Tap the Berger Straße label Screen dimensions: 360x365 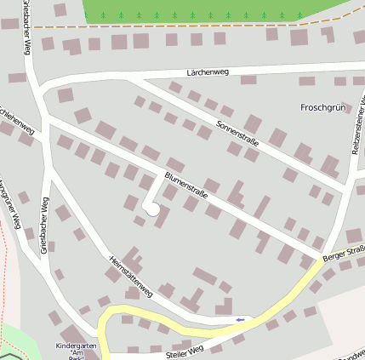[344, 253]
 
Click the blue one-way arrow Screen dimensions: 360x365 [240, 319]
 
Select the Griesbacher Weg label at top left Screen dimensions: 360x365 [27, 26]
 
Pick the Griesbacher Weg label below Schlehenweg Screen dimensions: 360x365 [45, 226]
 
